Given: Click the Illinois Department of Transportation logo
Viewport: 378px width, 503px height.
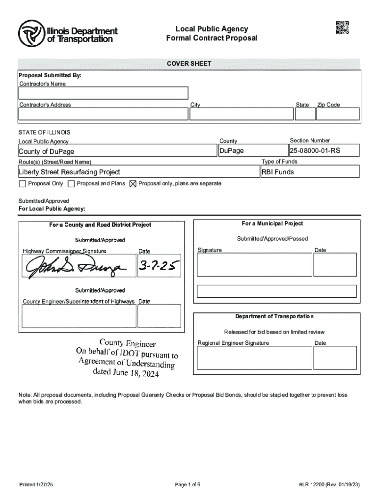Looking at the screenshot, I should click(x=68, y=33).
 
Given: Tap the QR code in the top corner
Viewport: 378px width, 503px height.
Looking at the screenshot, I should click(x=342, y=28).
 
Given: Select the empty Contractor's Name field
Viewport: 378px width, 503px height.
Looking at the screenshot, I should click(x=103, y=93).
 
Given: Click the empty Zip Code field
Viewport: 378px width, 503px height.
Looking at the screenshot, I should click(x=337, y=114).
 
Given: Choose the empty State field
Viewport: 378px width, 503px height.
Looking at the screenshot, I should click(x=304, y=114).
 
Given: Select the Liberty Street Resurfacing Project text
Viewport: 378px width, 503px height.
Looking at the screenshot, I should click(x=69, y=172).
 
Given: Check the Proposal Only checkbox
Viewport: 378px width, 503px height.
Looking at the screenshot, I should click(x=22, y=184).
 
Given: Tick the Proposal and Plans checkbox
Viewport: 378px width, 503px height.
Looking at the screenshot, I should click(x=71, y=184).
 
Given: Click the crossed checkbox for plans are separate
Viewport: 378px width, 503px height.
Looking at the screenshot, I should click(x=133, y=184).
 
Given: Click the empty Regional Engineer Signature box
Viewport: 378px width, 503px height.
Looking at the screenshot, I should click(x=254, y=358).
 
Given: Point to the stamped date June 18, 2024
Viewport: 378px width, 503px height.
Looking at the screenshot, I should click(x=126, y=373).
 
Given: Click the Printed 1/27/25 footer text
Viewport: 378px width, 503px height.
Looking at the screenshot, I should click(x=36, y=485).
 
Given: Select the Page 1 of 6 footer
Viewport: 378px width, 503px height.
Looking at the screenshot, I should click(x=188, y=485).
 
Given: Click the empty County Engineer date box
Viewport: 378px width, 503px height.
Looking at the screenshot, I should click(x=159, y=316).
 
